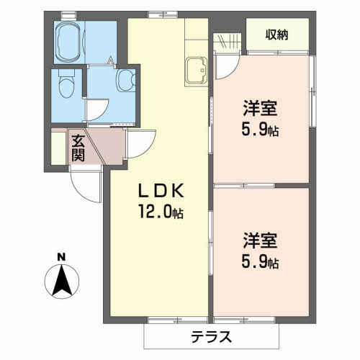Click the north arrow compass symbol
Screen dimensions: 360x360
[62, 280]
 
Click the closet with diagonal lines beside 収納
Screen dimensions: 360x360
[230, 41]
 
